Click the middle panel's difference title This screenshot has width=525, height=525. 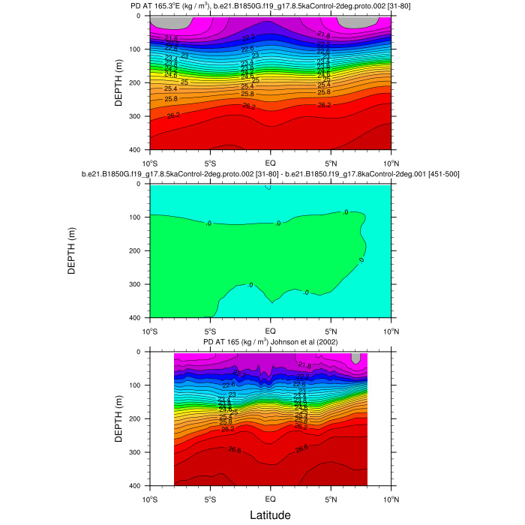coord(270,175)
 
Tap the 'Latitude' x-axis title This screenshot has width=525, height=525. coord(270,515)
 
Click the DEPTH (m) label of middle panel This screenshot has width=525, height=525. coord(72,250)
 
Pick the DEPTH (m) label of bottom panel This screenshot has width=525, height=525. coord(119,418)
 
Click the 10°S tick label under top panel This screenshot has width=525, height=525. coord(149,160)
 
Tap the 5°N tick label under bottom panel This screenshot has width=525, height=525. coord(331,496)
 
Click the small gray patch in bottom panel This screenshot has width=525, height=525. coord(355,358)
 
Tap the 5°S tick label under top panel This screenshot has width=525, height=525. coord(210,160)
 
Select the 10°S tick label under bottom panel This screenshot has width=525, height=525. coord(149,496)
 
